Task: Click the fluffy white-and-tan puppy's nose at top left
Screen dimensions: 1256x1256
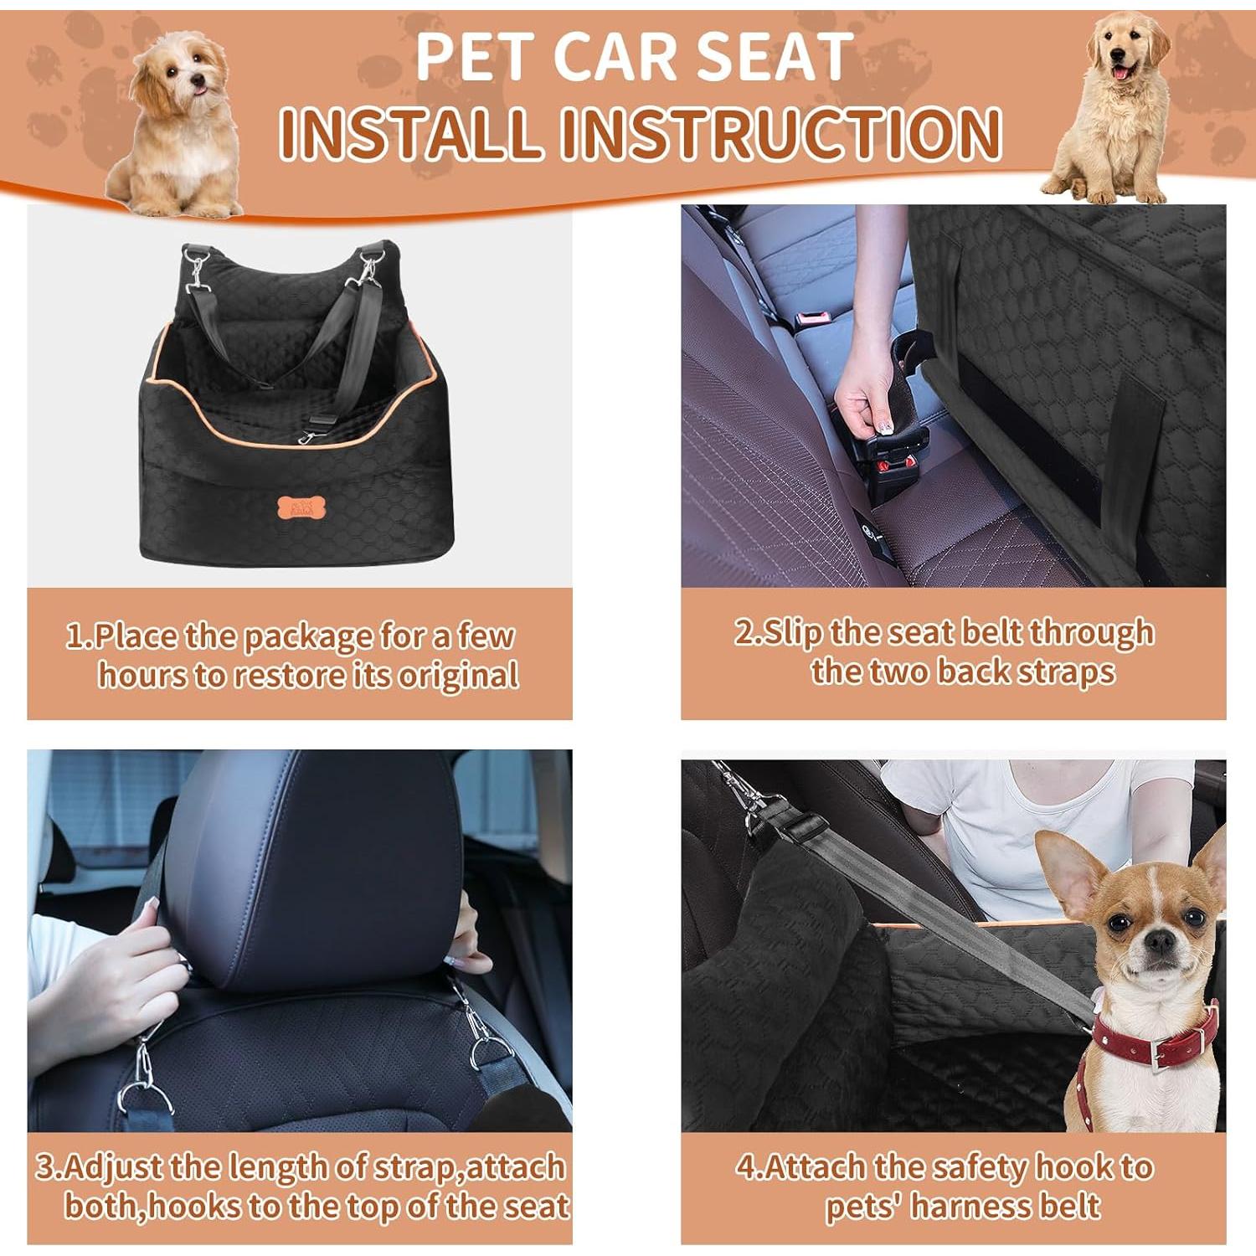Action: (x=198, y=81)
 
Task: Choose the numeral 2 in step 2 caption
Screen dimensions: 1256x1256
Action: (x=744, y=632)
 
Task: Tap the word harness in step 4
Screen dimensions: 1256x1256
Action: (x=970, y=1207)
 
